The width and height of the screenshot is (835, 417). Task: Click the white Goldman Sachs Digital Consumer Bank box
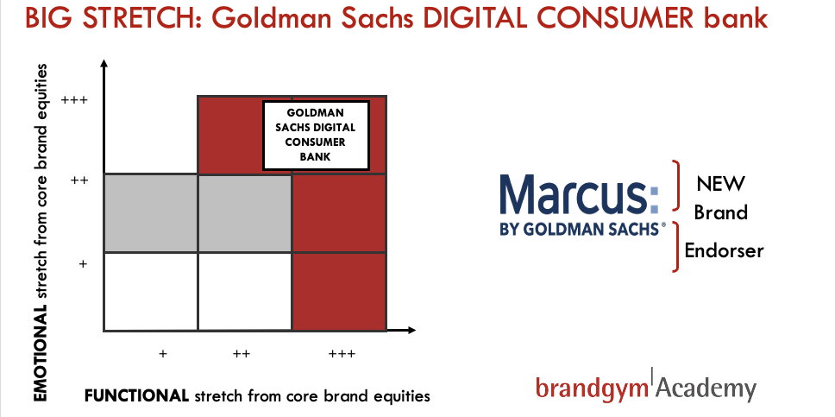pyautogui.click(x=317, y=136)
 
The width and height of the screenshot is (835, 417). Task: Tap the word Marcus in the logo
pyautogui.click(x=580, y=193)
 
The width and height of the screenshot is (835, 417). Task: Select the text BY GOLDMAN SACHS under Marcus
pyautogui.click(x=582, y=228)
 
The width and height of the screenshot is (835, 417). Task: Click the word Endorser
pyautogui.click(x=724, y=250)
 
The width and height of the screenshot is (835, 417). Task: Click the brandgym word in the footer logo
pyautogui.click(x=593, y=387)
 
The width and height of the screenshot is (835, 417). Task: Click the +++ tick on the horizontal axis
pyautogui.click(x=342, y=354)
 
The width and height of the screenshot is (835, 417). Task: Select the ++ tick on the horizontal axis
pyautogui.click(x=242, y=354)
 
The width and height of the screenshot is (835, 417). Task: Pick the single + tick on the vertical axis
pyautogui.click(x=83, y=263)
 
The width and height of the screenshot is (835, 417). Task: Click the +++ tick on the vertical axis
pyautogui.click(x=74, y=99)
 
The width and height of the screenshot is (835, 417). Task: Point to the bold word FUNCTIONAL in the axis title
pyautogui.click(x=136, y=396)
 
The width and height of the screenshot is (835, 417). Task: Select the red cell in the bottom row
pyautogui.click(x=339, y=292)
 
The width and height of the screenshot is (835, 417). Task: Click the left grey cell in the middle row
pyautogui.click(x=151, y=212)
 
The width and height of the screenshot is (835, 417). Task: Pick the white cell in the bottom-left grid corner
pyautogui.click(x=151, y=292)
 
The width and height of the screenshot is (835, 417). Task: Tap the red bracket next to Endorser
pyautogui.click(x=675, y=247)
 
